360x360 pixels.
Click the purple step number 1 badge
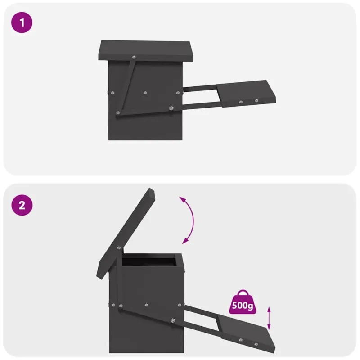coord(22,22)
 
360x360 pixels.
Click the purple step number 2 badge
coord(22,205)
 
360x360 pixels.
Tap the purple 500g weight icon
coord(243,302)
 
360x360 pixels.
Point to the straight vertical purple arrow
coord(269,318)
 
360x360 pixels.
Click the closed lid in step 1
coord(146,51)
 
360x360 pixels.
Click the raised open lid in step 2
coord(126,233)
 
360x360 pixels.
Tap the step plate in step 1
coord(246,93)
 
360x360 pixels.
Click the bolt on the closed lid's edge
coord(134,57)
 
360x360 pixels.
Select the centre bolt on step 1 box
coord(145,93)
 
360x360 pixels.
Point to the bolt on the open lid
coord(119,248)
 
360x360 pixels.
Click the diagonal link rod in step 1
coord(127,87)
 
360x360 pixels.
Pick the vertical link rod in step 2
coord(120,278)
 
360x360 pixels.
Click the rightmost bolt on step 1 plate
coord(256,100)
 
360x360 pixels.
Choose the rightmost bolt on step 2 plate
coord(256,344)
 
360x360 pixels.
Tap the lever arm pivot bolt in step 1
coord(171,108)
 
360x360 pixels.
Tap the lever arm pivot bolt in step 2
coord(173,320)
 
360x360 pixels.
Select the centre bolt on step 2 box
coord(147,305)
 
